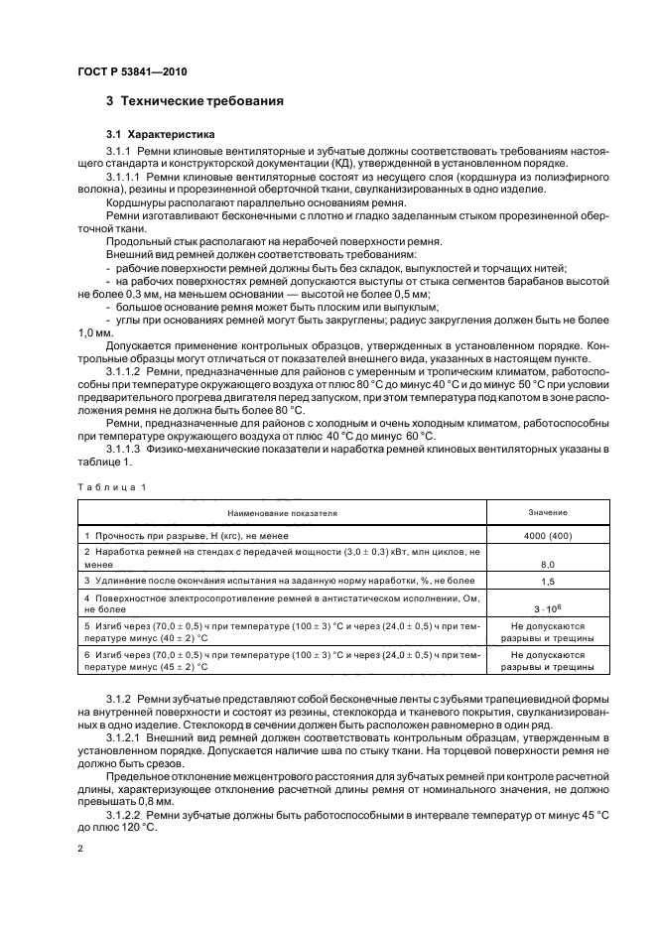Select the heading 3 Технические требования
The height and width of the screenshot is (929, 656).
click(195, 101)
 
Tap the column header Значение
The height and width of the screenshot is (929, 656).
click(547, 512)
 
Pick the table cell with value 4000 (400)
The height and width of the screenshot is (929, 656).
click(547, 535)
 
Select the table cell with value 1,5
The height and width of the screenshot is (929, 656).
click(547, 580)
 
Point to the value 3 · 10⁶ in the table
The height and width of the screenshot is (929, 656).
click(547, 605)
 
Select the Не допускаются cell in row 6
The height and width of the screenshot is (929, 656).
click(547, 656)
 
